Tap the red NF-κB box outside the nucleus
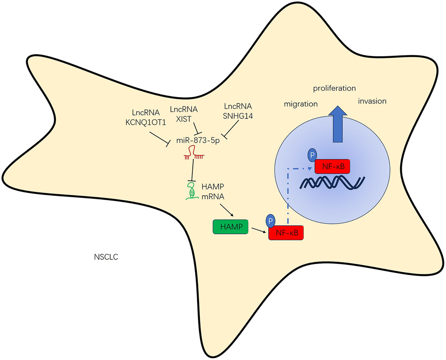(286, 233)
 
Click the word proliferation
(334, 88)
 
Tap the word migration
(300, 104)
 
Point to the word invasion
(372, 101)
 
